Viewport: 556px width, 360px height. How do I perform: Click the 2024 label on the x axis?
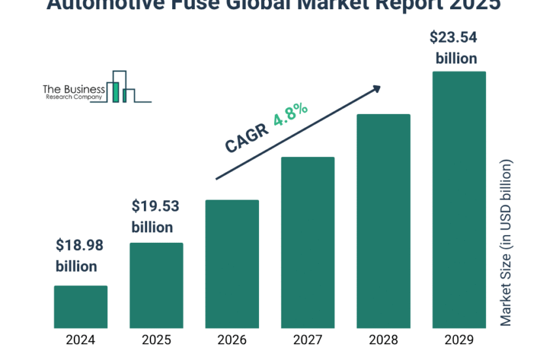click(x=80, y=340)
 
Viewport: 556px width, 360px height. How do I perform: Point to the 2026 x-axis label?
click(x=232, y=340)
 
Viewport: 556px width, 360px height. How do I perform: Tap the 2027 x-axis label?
click(x=307, y=340)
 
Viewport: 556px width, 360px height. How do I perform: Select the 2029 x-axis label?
click(x=459, y=340)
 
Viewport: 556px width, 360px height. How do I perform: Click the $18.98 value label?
click(x=79, y=246)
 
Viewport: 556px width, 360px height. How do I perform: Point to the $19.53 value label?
click(x=155, y=207)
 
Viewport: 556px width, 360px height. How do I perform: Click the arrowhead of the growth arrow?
click(x=376, y=88)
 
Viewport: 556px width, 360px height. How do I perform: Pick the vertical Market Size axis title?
click(x=506, y=242)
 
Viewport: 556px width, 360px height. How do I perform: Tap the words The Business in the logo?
click(x=73, y=88)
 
